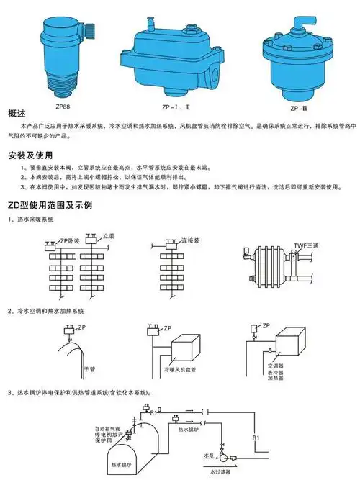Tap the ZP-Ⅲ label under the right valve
(x=298, y=106)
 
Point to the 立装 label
(x=109, y=235)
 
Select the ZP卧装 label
(x=69, y=239)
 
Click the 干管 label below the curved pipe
(x=89, y=367)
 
